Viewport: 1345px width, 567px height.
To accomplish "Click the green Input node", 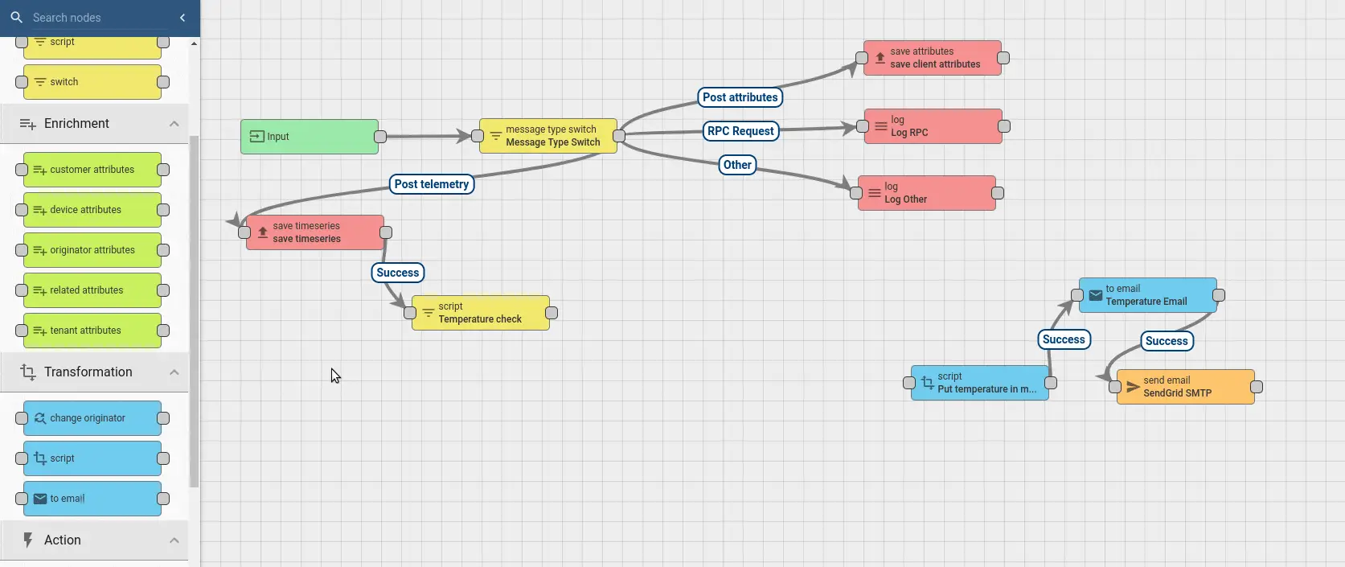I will (x=310, y=137).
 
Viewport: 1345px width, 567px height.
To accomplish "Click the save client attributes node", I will (x=933, y=58).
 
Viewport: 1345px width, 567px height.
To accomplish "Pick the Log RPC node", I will (x=933, y=126).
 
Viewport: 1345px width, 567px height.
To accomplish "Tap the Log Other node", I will (x=926, y=193).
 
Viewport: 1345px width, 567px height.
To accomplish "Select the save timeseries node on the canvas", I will (x=314, y=232).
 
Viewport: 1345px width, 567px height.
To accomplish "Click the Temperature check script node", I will (x=480, y=313).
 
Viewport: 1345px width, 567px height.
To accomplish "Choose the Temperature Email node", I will (x=1147, y=295).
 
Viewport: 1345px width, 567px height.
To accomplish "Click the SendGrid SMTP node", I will (x=1185, y=387).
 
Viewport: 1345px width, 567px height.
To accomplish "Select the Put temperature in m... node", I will (x=979, y=383).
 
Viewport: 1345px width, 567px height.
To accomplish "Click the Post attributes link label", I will (x=740, y=97).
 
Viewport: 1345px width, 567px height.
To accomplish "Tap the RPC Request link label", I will (x=740, y=131).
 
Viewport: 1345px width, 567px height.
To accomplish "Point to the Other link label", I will (x=737, y=165).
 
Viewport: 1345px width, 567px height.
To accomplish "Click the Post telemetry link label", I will (x=431, y=184).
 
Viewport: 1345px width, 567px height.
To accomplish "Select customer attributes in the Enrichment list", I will (x=92, y=170).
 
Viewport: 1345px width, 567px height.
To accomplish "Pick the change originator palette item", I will (x=92, y=418).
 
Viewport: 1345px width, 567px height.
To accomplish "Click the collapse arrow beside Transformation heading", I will (x=174, y=372).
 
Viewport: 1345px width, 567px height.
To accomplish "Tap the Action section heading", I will (x=63, y=540).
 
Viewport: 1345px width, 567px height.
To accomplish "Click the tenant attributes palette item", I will (x=92, y=331).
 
